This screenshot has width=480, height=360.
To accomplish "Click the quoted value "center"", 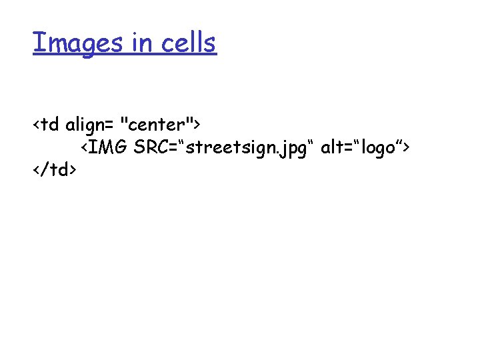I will pyautogui.click(x=157, y=125).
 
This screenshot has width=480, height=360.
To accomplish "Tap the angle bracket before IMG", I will pyautogui.click(x=85, y=148).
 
